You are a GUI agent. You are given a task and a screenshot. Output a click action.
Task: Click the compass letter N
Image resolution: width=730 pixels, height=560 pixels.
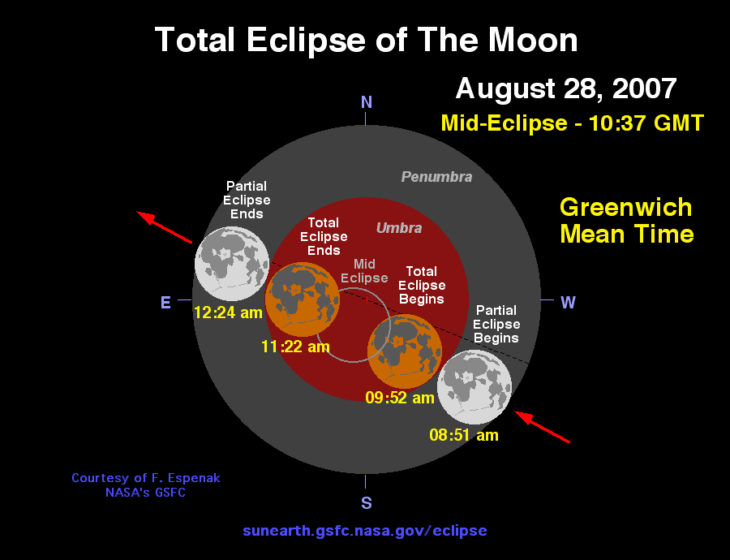367,102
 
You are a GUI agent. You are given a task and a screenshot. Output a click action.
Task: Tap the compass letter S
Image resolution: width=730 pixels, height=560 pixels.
367,503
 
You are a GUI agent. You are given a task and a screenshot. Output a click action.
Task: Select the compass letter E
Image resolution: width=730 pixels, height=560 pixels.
165,303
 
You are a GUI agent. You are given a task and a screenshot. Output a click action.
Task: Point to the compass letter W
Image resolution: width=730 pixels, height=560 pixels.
568,303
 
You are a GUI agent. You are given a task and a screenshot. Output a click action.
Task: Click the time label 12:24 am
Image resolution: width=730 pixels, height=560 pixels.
228,312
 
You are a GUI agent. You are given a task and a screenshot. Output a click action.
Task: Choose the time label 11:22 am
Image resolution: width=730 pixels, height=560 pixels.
295,347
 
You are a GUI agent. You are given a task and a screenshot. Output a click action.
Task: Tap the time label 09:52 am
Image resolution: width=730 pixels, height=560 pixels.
399,398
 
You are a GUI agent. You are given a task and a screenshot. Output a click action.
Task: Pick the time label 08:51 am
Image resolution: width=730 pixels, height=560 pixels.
464,435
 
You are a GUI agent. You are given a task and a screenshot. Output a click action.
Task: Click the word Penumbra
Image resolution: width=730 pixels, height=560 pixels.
436,177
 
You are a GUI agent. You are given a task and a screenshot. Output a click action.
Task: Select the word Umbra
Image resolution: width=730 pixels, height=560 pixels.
399,228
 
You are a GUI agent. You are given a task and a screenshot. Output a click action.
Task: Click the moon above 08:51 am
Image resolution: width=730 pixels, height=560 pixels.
474,387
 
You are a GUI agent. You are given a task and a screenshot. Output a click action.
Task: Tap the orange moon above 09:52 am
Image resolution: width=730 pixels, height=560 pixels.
405,351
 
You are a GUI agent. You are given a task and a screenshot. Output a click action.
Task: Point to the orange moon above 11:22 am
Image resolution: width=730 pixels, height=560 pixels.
303,299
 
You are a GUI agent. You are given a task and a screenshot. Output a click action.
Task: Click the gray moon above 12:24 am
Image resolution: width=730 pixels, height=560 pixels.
232,264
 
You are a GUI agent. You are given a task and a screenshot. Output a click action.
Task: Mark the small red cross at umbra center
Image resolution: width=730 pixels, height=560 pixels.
367,300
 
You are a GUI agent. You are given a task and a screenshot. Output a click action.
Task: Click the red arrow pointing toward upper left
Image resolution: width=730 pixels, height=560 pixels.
164,227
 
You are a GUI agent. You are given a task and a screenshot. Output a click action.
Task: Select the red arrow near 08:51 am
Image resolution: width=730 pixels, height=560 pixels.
543,427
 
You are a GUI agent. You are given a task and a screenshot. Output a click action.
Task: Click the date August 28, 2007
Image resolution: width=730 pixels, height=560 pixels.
565,88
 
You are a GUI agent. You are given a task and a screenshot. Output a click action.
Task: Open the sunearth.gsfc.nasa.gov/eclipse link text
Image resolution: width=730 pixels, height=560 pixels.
365,531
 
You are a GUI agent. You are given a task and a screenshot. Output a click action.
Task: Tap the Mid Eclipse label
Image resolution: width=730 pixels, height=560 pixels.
364,271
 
